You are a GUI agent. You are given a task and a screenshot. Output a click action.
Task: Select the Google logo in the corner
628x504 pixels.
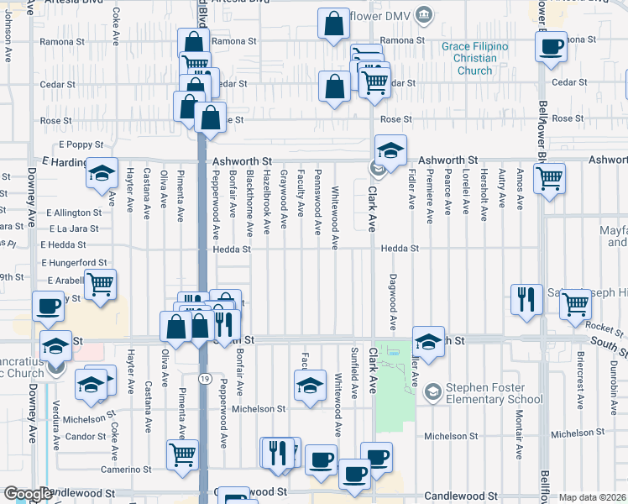tap(28, 494)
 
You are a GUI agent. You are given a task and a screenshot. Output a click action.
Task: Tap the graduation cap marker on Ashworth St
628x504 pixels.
tap(390, 151)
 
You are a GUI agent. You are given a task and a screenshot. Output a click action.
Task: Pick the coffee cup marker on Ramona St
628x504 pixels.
tap(551, 48)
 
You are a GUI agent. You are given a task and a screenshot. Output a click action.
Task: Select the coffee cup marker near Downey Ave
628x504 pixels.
tap(49, 306)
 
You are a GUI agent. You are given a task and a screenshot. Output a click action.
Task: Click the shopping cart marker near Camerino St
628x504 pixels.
tap(182, 454)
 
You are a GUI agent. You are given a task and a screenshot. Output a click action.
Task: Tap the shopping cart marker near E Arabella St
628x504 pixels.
tap(100, 285)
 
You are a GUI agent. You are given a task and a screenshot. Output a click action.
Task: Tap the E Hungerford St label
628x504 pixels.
tap(75, 262)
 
